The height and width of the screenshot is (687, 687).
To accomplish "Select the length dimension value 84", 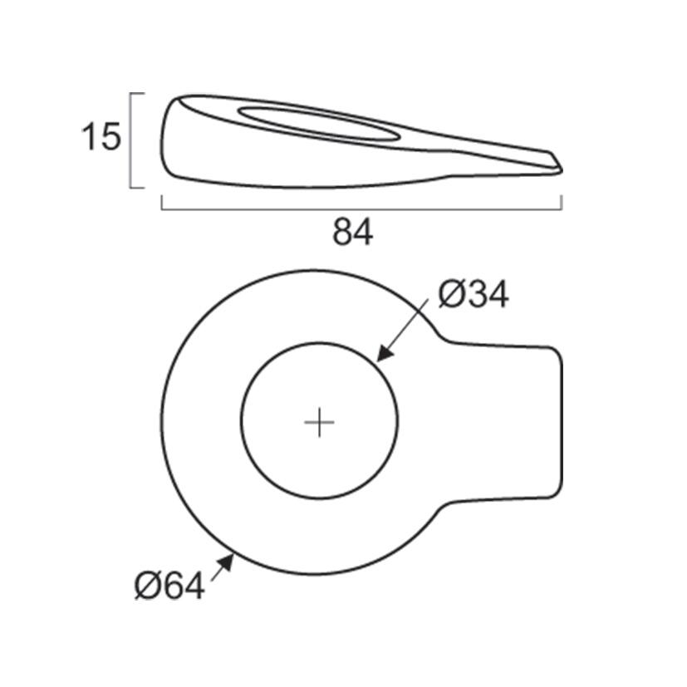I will point(353,233).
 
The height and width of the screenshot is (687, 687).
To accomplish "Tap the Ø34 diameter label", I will point(473,295).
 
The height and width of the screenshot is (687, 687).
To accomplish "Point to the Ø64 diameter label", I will point(169,587).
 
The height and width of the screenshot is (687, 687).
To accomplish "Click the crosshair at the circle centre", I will point(319,423).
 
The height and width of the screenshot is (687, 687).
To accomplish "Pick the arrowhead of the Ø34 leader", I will point(381,357).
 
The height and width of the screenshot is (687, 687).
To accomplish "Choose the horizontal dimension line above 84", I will point(361,207).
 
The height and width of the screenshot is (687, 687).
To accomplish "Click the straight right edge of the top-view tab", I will point(562,423).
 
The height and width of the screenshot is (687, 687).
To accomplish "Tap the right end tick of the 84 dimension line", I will point(562,202).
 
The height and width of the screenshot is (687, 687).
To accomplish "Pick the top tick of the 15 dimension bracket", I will point(139,94).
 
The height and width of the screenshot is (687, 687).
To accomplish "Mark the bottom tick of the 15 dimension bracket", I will point(139,188).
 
